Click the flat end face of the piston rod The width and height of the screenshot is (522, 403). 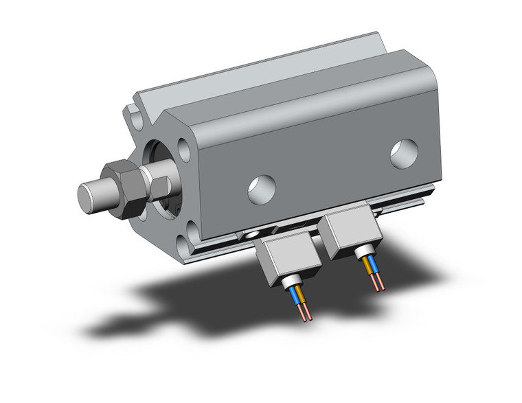pos(87,196)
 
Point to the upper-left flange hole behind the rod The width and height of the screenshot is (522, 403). pos(136,119)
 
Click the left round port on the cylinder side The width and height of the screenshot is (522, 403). pos(262,188)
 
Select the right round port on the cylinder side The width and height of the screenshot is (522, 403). pos(404,153)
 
